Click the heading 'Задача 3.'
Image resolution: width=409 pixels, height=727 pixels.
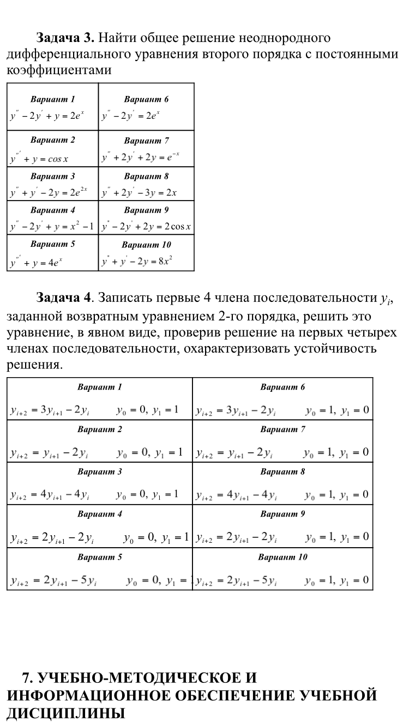[65, 38]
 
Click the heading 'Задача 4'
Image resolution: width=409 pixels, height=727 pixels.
[63, 298]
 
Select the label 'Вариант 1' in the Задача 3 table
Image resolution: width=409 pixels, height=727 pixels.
[52, 99]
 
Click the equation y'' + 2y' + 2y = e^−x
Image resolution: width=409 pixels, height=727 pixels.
[141, 158]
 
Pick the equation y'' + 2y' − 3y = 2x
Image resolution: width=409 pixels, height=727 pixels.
[140, 192]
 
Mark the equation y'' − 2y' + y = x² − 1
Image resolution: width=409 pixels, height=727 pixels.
[52, 226]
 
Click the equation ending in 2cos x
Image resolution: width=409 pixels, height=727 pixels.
[146, 226]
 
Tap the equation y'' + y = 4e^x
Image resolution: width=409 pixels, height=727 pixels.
[37, 262]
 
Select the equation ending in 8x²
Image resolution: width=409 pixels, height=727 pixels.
[137, 262]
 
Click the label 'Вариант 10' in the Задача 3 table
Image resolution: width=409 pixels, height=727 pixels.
[146, 245]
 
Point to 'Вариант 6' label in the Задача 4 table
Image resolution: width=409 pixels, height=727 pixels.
[282, 387]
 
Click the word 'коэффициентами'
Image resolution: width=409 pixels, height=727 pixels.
[58, 70]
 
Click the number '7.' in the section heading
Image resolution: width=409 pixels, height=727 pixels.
[28, 678]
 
